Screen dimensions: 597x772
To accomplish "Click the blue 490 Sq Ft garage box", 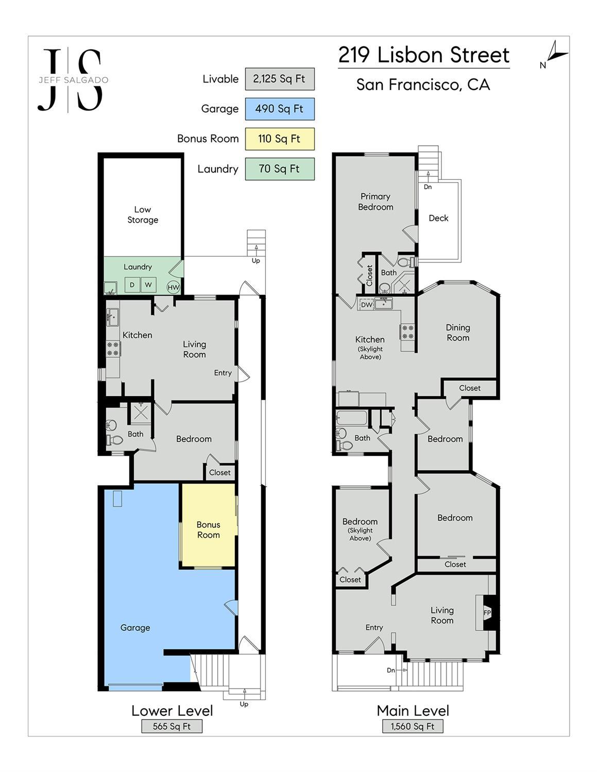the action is click(x=280, y=109).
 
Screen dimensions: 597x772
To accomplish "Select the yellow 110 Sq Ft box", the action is click(x=280, y=139).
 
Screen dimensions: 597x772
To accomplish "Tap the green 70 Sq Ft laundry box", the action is click(x=280, y=169).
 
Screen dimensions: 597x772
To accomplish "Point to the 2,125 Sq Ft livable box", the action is click(x=280, y=79).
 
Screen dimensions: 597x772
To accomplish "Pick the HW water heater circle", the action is click(x=174, y=287).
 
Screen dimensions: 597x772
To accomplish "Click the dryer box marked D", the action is click(x=132, y=285).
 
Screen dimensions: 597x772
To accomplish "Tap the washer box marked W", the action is click(x=148, y=285).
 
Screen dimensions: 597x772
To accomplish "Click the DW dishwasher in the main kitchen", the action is click(x=366, y=304).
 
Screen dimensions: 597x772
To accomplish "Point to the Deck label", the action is click(x=438, y=218).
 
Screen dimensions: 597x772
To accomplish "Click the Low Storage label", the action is click(x=143, y=215).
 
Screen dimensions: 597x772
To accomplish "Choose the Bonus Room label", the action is click(x=209, y=530).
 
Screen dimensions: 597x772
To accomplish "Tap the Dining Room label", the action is click(x=458, y=333).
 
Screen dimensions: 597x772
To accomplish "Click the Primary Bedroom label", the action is click(x=376, y=202).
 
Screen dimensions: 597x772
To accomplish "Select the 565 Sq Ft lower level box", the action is click(x=172, y=726).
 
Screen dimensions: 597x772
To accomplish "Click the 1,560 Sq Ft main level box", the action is click(x=413, y=726).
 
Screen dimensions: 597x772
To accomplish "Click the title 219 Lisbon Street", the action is click(x=424, y=55).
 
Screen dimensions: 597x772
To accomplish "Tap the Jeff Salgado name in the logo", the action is click(x=74, y=80).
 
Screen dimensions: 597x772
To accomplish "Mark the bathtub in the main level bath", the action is click(x=352, y=418).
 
